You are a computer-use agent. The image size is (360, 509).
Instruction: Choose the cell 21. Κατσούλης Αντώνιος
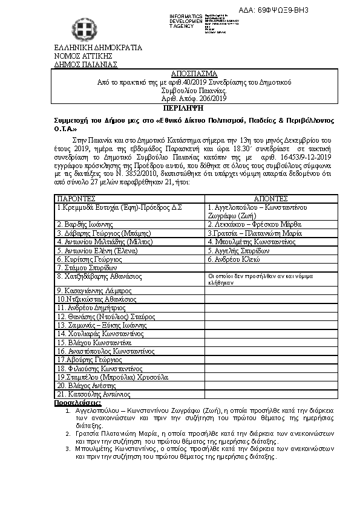point(93,394)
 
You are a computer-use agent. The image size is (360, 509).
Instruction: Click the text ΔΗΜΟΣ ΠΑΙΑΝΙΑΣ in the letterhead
point(86,63)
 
